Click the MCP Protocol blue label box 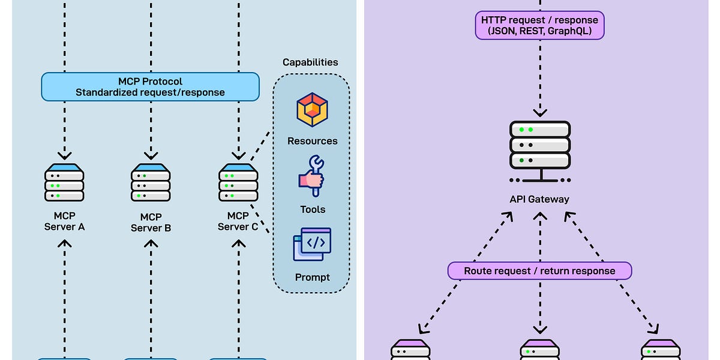(150, 86)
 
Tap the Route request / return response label (539, 271)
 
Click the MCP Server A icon (64, 182)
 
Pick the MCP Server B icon (151, 182)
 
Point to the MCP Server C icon (238, 182)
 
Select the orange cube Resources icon (312, 110)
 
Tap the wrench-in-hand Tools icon (311, 176)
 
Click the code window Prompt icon (312, 244)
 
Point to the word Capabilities (310, 62)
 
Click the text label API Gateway (539, 199)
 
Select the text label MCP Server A (64, 221)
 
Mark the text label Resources (312, 141)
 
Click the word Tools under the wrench (313, 209)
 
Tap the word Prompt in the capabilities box (312, 277)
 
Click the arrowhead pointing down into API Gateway (539, 112)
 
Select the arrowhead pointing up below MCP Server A (64, 244)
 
